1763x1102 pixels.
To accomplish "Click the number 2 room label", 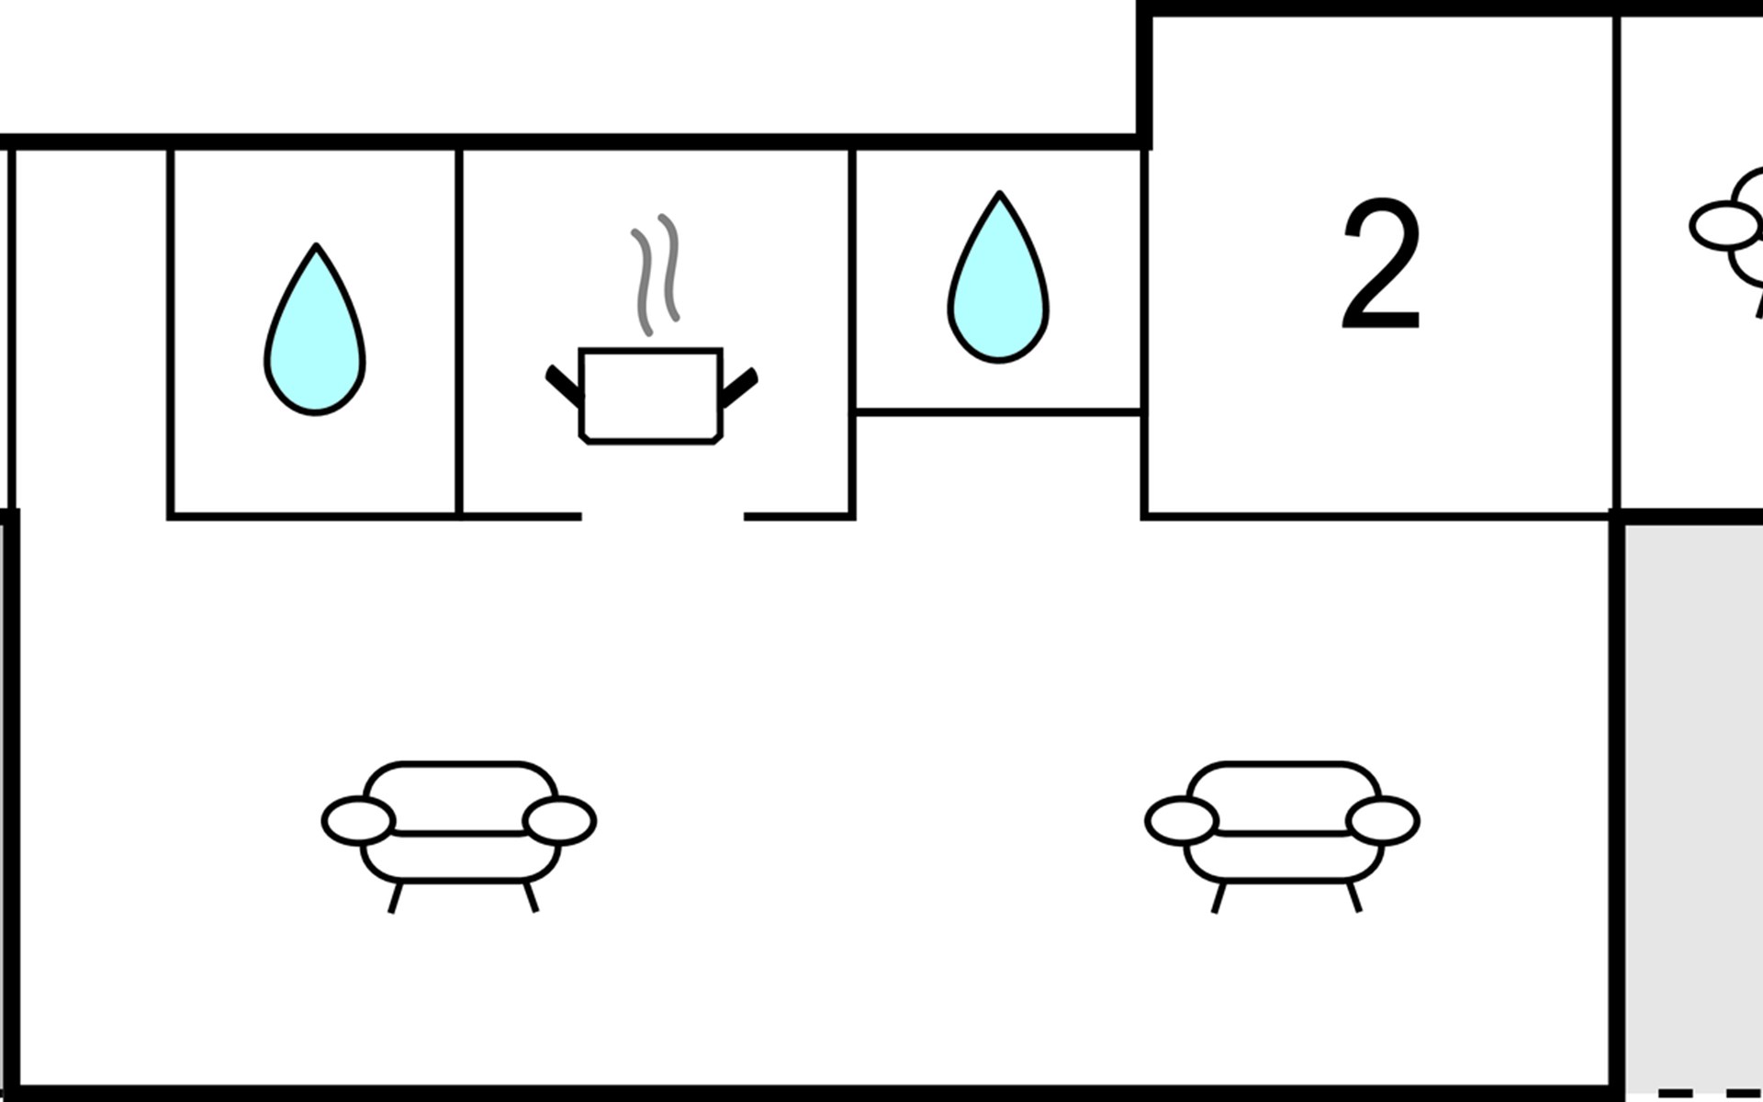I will pos(1380,265).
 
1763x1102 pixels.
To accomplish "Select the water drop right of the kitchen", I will pos(998,280).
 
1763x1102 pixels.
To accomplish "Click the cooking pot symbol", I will pos(651,395).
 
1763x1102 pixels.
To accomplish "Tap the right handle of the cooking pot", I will pos(739,386).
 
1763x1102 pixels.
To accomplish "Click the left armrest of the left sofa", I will pos(359,821).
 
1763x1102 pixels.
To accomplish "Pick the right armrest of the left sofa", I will pos(559,821).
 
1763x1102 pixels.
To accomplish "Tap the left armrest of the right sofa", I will pos(1182,821).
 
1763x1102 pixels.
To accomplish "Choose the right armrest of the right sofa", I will pos(1383,821).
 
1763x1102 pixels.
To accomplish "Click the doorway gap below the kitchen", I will pos(662,517).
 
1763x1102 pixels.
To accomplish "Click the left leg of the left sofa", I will pos(395,897).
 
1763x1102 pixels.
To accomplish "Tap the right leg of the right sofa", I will pos(1353,897).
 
